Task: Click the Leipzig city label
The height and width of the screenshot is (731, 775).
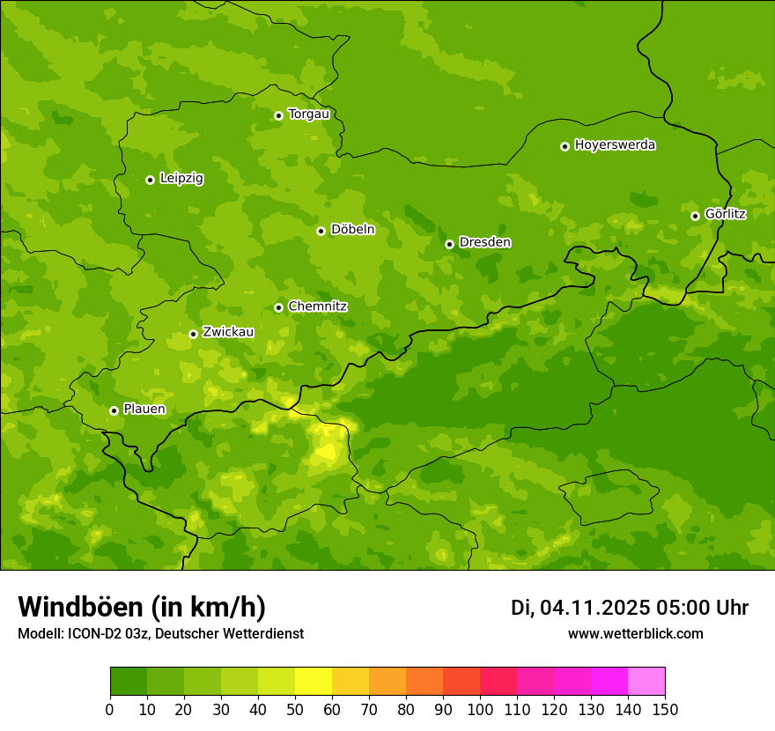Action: point(181,179)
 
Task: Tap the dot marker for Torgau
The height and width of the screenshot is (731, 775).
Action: point(278,115)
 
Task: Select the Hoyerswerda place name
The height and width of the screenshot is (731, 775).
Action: point(615,145)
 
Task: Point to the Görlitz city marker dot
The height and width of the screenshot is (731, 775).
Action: point(695,216)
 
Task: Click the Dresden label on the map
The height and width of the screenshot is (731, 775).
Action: point(484,242)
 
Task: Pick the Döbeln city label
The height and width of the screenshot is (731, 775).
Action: point(352,230)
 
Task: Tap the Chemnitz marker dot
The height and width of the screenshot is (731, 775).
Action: point(278,307)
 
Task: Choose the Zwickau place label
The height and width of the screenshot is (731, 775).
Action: point(228,332)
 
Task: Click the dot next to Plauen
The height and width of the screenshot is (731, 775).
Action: point(114,410)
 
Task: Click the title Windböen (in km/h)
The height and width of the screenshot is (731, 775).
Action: point(142,608)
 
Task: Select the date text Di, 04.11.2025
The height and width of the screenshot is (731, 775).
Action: point(579,608)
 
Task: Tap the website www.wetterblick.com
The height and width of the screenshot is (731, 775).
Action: point(635,634)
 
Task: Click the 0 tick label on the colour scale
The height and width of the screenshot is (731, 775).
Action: point(110,710)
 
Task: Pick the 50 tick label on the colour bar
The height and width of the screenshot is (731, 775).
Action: point(295,710)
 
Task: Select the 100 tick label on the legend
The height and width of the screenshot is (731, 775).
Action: point(480,710)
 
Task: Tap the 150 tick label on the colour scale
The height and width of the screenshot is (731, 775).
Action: point(665,710)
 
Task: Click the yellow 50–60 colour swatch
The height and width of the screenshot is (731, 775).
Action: point(314,682)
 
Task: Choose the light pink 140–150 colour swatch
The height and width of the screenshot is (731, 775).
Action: point(646,682)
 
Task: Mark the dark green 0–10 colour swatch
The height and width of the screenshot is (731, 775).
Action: point(129,682)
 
